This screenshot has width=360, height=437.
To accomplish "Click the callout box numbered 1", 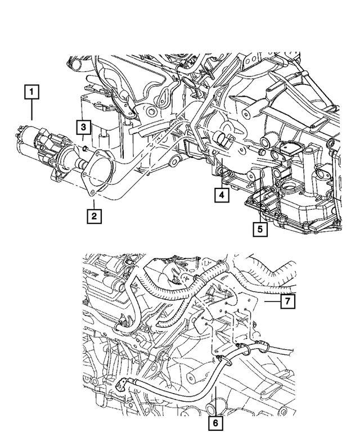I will tap(32, 91).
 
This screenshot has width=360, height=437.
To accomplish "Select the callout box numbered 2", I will tap(93, 215).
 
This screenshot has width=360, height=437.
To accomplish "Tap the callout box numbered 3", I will tap(82, 127).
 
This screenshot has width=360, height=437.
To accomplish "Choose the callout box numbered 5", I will tap(260, 229).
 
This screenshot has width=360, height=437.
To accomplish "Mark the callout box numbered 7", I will tap(286, 302).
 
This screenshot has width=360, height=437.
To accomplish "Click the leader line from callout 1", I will tap(32, 110).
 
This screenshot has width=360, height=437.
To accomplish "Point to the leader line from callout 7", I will tap(272, 302).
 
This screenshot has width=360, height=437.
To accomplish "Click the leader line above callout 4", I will tap(222, 177).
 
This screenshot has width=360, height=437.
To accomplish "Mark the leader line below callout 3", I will tap(82, 139).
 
